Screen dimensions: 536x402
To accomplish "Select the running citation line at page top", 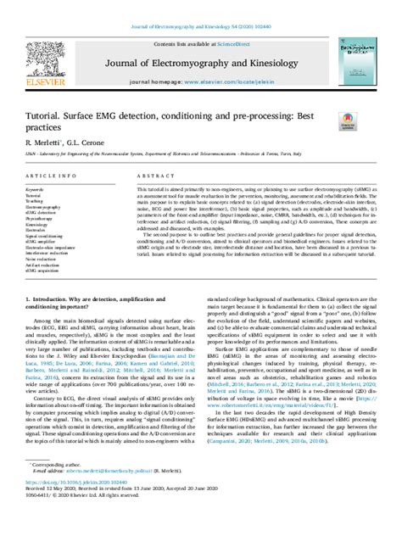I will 200,7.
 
